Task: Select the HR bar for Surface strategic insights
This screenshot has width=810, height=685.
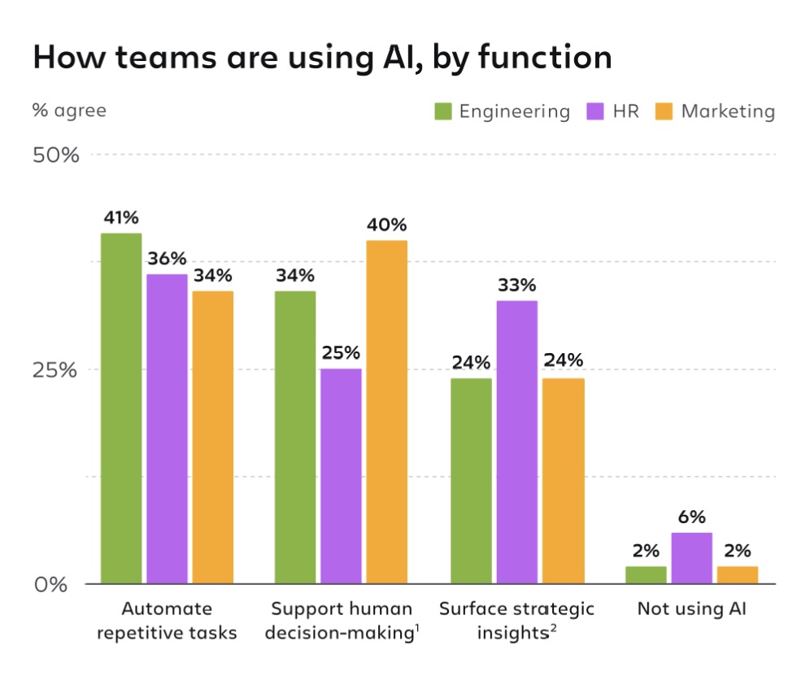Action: (x=517, y=442)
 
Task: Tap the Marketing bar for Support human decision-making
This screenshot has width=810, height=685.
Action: (x=386, y=412)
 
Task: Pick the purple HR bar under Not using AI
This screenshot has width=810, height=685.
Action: (x=691, y=558)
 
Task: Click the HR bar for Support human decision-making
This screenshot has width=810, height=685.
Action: (x=341, y=476)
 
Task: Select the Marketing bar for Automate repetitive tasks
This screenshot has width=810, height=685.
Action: (x=212, y=437)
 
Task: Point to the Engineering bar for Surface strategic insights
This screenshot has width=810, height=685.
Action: (x=471, y=481)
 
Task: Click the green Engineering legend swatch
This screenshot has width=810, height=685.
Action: (x=442, y=111)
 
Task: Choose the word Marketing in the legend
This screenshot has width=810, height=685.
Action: (x=728, y=111)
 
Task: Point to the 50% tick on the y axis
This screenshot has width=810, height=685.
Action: (x=56, y=155)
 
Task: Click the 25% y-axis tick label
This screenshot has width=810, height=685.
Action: (x=56, y=369)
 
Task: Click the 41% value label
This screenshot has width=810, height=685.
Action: (x=121, y=217)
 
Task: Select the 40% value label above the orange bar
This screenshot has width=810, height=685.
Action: (x=386, y=225)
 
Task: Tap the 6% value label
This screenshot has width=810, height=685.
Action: (x=691, y=517)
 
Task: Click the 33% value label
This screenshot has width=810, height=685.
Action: (x=517, y=286)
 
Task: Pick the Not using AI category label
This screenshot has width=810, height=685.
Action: (x=691, y=609)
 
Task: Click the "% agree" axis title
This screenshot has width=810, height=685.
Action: (x=69, y=110)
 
